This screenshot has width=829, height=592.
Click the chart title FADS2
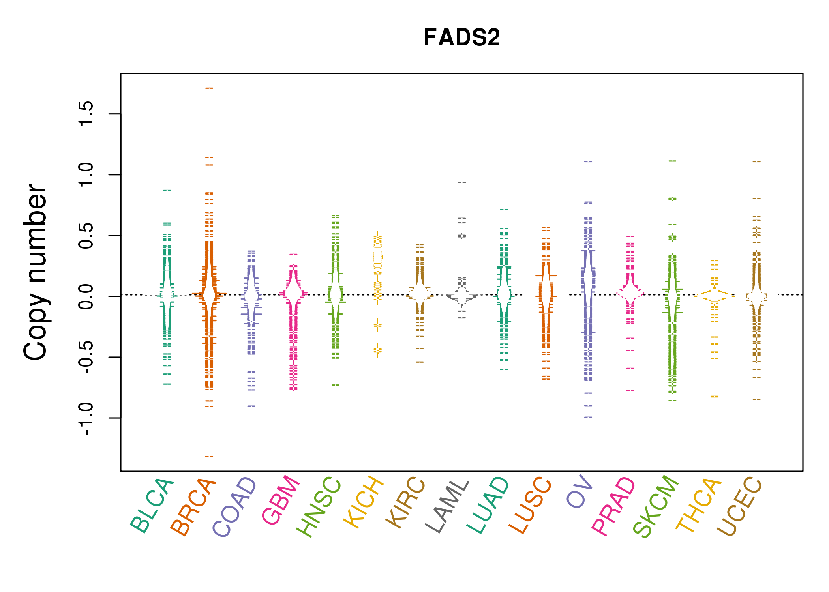[x=461, y=37]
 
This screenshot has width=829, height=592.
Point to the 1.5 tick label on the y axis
[x=86, y=114]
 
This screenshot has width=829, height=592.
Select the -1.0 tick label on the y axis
[x=86, y=418]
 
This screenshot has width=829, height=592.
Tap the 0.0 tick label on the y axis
[x=86, y=296]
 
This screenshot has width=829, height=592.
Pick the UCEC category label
[x=739, y=506]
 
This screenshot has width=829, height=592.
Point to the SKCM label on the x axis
[x=656, y=506]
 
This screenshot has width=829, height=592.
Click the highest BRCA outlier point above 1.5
[x=209, y=88]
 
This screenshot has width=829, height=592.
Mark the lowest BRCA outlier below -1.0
[x=209, y=456]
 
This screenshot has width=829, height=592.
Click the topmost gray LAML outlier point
[x=462, y=182]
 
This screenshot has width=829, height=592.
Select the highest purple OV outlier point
[x=588, y=161]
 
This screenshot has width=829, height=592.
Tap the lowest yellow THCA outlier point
[x=715, y=396]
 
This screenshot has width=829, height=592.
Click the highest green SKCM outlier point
[x=672, y=161]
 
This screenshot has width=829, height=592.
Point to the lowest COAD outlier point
[x=251, y=406]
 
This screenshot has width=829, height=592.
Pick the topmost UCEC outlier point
[x=756, y=161]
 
